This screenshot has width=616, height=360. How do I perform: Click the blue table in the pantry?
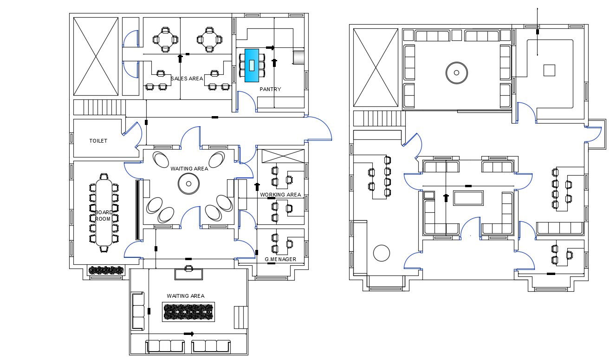252,65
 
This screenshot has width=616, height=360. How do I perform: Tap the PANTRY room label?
270,89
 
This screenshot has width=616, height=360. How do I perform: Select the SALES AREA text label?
187,79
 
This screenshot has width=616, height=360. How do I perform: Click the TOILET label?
98,141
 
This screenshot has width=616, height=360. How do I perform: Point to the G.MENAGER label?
280,259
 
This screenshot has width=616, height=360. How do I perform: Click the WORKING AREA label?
280,195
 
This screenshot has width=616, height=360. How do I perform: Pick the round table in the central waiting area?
189,183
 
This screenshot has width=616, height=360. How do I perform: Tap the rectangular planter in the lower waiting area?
188,312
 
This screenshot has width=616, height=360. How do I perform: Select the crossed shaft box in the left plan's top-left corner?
96,56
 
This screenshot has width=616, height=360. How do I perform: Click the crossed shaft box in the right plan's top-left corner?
376,67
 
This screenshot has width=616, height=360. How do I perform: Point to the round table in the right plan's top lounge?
456,72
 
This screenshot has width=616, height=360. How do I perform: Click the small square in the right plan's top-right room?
549,70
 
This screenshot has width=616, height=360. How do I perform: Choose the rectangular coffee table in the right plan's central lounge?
468,198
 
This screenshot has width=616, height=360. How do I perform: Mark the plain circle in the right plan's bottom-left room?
382,254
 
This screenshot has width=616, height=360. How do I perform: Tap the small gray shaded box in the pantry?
298,57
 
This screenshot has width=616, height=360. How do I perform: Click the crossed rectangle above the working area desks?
281,156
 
